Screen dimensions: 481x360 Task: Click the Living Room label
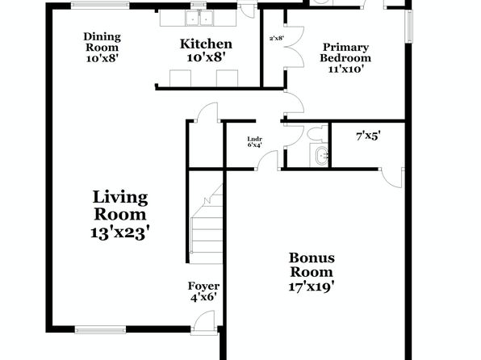point(120,215)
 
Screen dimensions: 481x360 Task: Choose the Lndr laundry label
point(254,139)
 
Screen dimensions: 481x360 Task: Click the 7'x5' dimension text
point(368,136)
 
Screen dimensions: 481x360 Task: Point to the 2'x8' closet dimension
point(277,39)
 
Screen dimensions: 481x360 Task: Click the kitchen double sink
point(199,18)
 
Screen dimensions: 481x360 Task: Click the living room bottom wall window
point(100,330)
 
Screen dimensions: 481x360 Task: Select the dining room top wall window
point(100,5)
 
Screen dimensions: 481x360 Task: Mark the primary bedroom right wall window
point(409,27)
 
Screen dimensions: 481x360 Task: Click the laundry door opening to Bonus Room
point(267,161)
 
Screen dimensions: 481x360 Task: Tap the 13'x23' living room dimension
point(120,233)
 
